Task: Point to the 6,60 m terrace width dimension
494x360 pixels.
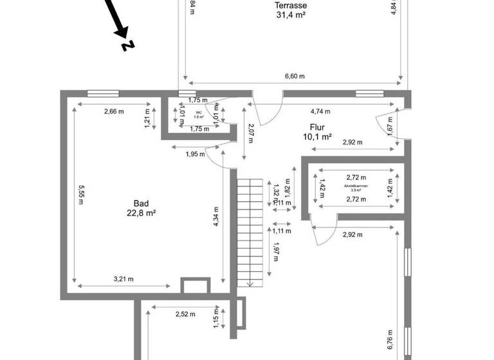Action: click(x=295, y=75)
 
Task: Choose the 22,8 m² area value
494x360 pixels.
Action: click(x=142, y=213)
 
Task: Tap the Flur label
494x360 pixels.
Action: click(x=316, y=126)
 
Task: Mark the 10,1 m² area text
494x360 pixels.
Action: click(x=316, y=136)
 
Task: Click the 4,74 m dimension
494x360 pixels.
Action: click(x=320, y=111)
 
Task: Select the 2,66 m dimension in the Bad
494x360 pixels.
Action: click(x=114, y=111)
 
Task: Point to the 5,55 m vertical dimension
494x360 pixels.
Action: click(x=81, y=194)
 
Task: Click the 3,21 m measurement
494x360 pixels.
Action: click(x=123, y=278)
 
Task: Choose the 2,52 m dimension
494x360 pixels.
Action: click(x=185, y=314)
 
